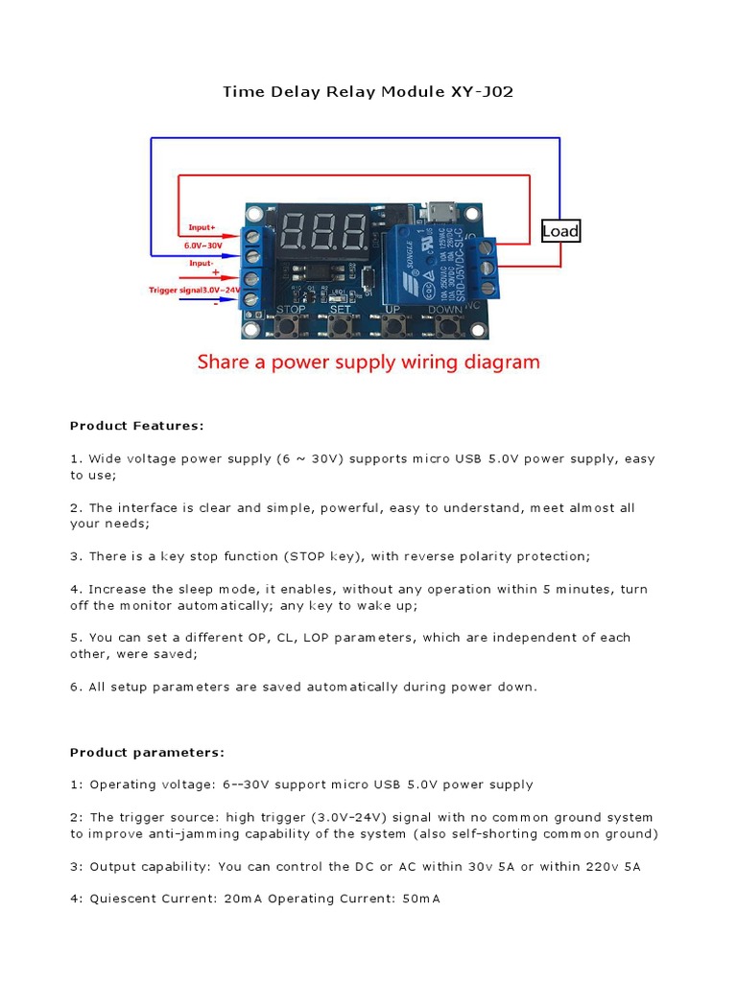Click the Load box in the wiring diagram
(560, 231)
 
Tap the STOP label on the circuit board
(291, 310)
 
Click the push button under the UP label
(392, 327)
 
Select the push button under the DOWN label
(445, 327)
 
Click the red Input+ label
(202, 227)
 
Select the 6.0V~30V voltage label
(202, 245)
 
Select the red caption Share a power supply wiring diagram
(368, 362)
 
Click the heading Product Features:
(137, 425)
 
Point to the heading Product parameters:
(147, 752)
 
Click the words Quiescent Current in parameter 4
(145, 899)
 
